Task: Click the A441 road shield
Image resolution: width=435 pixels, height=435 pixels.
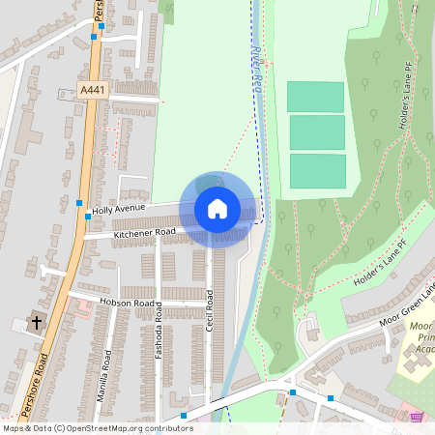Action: (x=92, y=90)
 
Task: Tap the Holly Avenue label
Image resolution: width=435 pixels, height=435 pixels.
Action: (x=118, y=209)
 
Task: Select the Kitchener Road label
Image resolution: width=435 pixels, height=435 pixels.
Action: (x=144, y=233)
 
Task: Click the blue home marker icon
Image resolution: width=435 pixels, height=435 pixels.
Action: (x=217, y=209)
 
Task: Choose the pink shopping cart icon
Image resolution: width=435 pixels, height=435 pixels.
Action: (x=417, y=417)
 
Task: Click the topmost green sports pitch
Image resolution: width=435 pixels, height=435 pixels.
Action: (x=315, y=97)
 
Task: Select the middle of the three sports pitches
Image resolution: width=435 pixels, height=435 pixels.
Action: (x=317, y=131)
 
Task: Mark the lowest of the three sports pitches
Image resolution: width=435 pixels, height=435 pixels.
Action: (x=317, y=170)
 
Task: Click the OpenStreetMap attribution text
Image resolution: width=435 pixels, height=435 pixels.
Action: (x=98, y=427)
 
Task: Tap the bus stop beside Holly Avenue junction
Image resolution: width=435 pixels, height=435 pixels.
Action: (x=78, y=203)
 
